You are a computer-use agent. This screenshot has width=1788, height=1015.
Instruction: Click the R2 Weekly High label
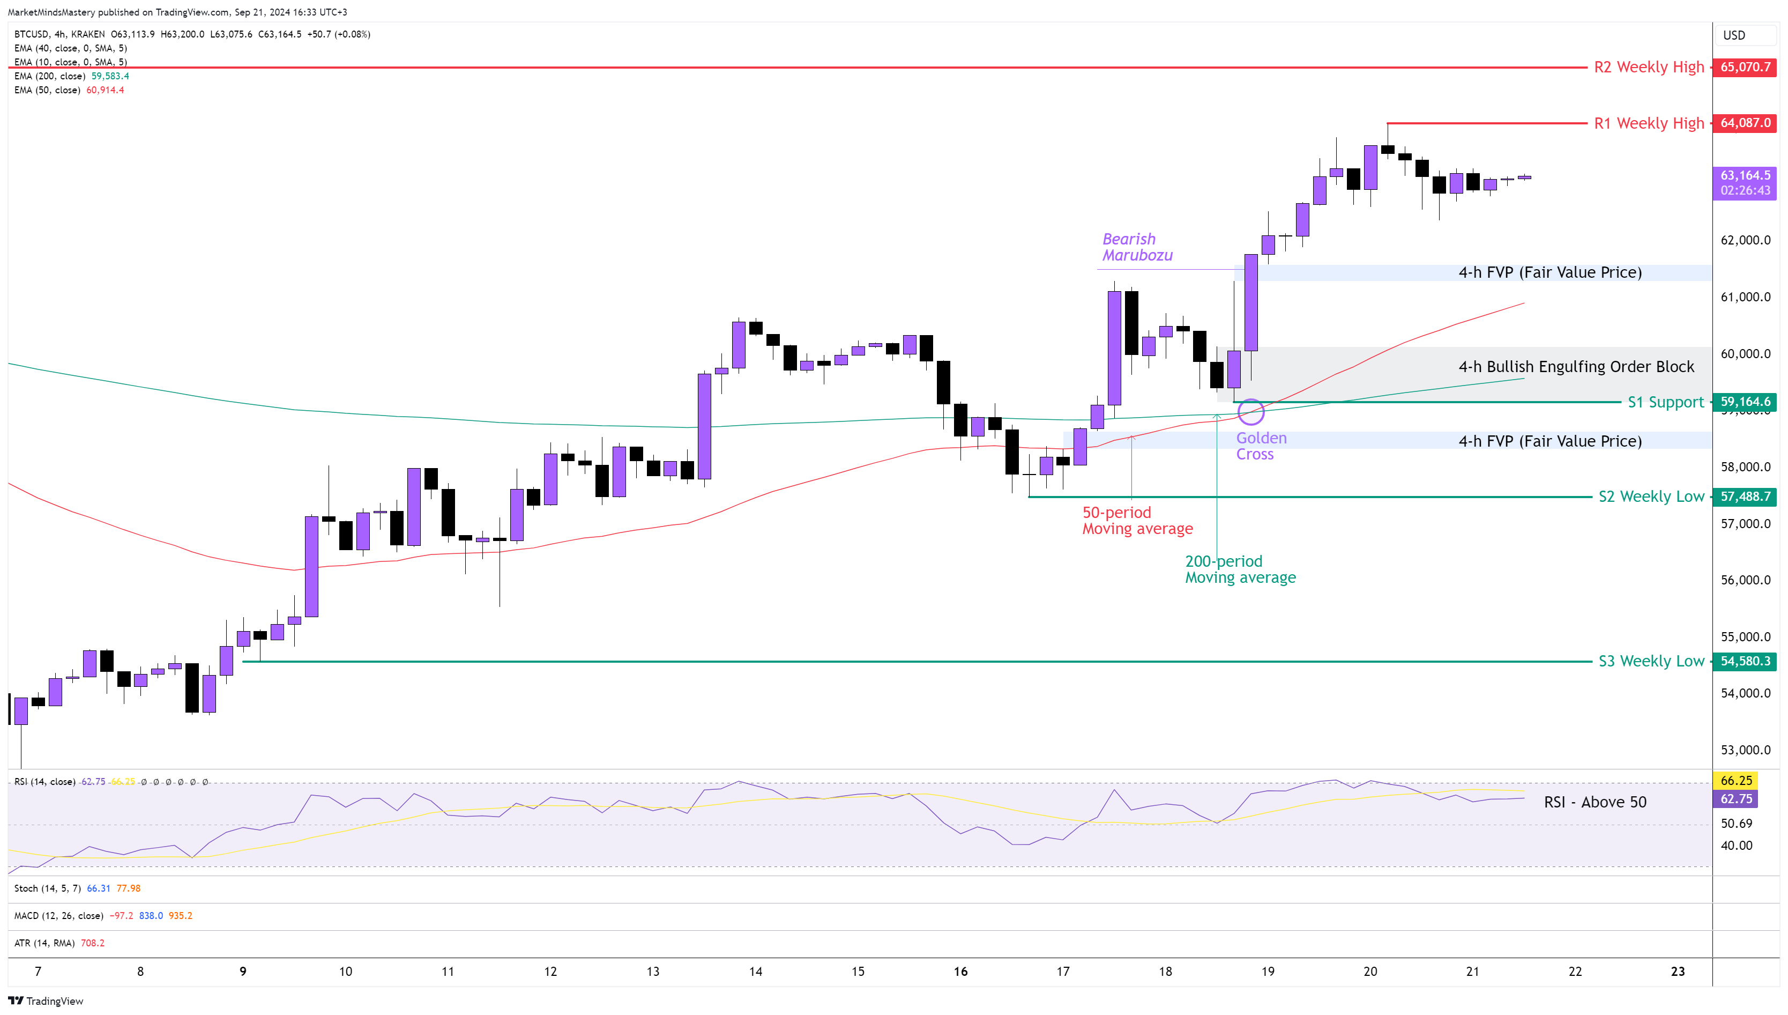[1649, 67]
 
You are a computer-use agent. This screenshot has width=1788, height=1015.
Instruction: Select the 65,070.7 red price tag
[1745, 67]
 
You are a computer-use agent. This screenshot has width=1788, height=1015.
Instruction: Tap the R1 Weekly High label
[1649, 123]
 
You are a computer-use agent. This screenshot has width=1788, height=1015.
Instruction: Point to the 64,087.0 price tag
[1745, 123]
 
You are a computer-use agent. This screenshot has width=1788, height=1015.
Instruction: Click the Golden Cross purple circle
[1251, 411]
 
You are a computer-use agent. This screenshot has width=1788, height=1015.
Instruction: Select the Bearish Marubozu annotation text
[1137, 248]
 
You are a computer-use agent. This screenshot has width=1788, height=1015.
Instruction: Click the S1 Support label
[1665, 402]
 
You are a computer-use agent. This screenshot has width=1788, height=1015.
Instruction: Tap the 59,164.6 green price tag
[1745, 402]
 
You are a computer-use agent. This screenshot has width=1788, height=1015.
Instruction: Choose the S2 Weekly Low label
[1651, 497]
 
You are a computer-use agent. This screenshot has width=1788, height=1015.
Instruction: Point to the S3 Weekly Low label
[1651, 661]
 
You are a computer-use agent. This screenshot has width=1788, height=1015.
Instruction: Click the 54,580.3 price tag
[1745, 661]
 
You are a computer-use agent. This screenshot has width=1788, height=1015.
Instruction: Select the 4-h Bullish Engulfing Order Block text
[1576, 367]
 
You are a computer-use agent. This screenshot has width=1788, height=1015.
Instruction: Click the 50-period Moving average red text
[1137, 521]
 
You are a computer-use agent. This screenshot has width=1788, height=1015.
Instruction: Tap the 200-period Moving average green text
[1240, 569]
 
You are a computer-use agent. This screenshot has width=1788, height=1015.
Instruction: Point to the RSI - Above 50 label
[1595, 802]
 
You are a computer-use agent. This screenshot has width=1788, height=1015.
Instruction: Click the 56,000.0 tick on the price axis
[1745, 580]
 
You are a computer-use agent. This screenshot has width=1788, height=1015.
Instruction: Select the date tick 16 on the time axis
[960, 972]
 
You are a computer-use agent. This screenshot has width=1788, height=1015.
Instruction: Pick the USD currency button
[1734, 35]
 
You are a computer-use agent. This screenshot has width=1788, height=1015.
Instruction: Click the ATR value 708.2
[93, 943]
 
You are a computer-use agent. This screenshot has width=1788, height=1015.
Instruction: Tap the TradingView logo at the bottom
[46, 1001]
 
